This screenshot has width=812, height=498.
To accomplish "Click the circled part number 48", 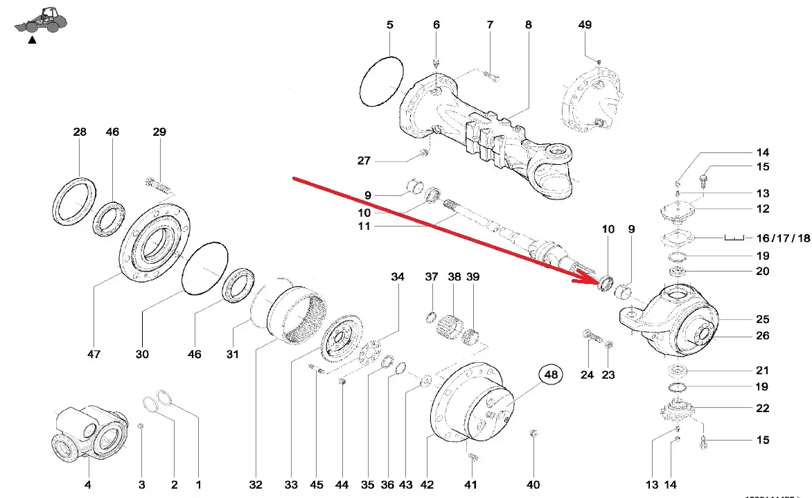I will click(x=551, y=375).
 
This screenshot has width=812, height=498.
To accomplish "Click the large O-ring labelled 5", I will click(x=382, y=82).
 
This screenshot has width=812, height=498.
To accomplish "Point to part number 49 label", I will click(x=585, y=25).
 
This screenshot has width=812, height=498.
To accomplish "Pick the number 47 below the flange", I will click(x=94, y=354).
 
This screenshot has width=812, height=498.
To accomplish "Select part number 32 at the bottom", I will click(x=256, y=486).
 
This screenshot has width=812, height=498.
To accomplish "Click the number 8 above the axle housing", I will click(x=529, y=25).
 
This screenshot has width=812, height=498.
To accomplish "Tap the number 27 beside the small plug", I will click(x=364, y=161).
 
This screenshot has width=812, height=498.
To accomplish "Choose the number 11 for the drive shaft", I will click(x=364, y=226).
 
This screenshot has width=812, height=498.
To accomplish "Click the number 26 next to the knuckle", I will click(x=762, y=336).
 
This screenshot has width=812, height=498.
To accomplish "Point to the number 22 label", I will click(x=762, y=409).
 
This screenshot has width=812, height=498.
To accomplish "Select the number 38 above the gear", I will click(x=454, y=277).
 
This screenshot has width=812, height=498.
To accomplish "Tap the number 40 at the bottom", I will click(x=533, y=486).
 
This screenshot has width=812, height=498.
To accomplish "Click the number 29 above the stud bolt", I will click(x=159, y=132).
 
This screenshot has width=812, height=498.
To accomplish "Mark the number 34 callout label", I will click(x=397, y=277).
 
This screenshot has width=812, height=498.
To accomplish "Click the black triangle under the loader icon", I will click(x=31, y=41).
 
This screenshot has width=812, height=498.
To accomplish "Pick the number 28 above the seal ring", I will click(x=80, y=132).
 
